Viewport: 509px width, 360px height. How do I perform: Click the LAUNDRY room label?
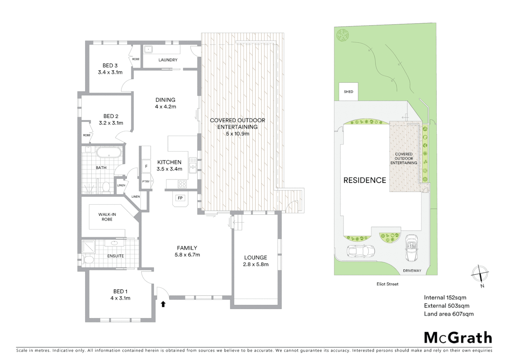pos(168,60)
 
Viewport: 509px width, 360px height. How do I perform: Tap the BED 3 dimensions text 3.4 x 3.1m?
pos(110,72)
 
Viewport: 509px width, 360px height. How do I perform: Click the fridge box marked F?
pos(146,166)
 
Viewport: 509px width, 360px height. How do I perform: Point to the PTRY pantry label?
pos(146,182)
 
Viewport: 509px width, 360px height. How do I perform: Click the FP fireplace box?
pos(180,198)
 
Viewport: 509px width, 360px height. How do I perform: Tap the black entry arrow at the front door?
pos(163,304)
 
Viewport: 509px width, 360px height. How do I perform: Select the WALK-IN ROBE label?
pos(107,217)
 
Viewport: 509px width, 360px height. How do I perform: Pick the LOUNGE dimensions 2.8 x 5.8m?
pos(256,265)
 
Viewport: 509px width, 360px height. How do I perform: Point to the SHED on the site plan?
pos(348,92)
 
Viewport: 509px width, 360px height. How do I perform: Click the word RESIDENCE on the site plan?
pos(365,180)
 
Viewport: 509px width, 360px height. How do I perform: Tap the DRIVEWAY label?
pos(412,271)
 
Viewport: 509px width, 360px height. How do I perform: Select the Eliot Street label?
pos(387,284)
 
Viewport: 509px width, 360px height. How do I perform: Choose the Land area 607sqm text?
pos(449,314)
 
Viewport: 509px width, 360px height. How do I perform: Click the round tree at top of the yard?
pos(342,35)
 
